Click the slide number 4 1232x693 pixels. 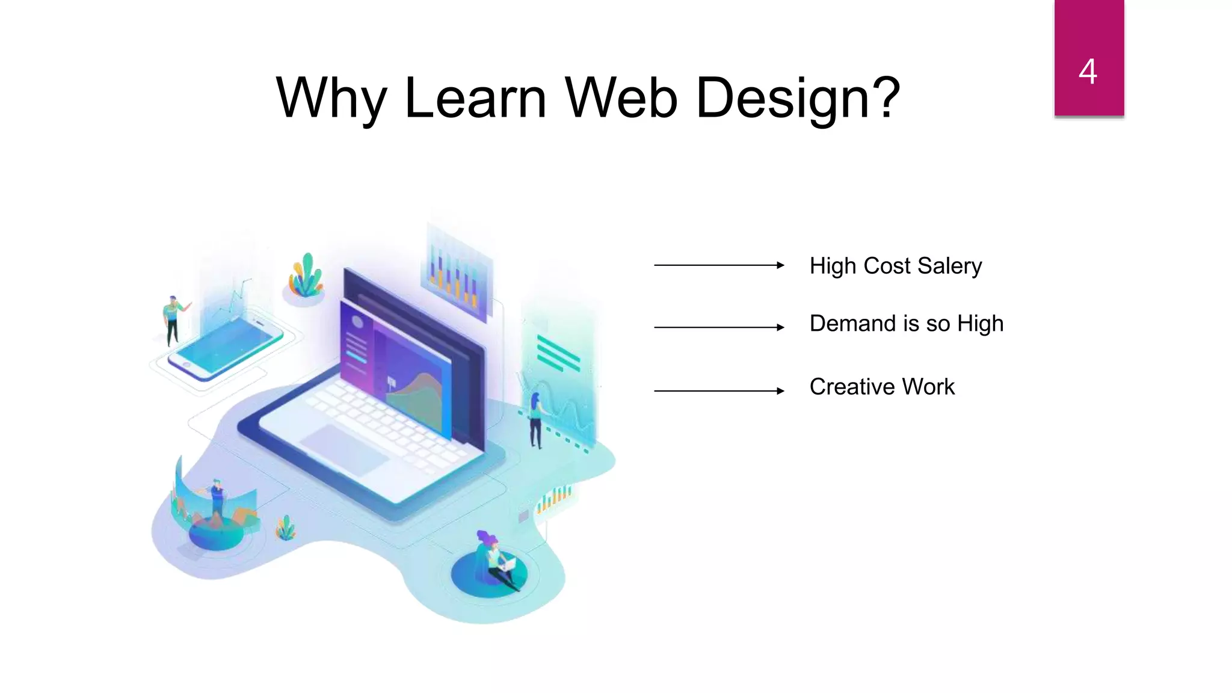1088,72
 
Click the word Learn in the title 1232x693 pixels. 475,97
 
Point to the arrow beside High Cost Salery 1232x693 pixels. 718,265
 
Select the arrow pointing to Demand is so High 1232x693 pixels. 718,327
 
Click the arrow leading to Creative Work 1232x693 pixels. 718,391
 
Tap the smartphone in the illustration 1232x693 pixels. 226,349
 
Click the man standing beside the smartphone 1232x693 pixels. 173,319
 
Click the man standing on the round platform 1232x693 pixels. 217,499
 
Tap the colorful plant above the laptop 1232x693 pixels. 306,277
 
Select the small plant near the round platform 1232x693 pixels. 286,528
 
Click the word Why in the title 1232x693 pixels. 331,97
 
